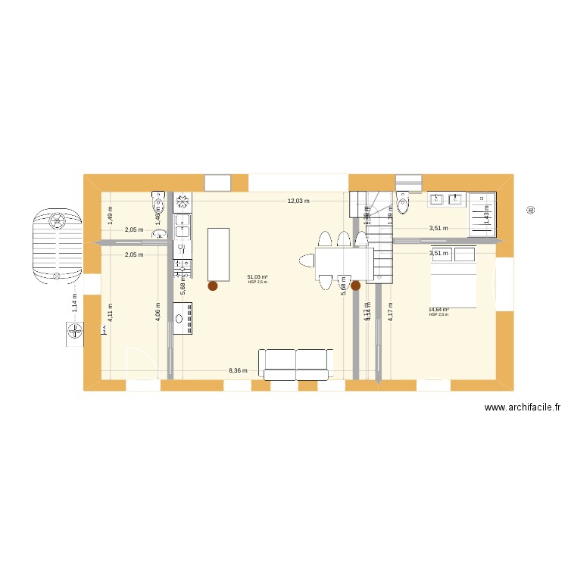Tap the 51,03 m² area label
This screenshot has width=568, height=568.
[x=257, y=277]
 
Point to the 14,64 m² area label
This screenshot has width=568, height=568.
[x=438, y=310]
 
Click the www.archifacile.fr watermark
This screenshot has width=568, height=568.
[x=523, y=407]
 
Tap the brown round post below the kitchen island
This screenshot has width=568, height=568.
[x=213, y=286]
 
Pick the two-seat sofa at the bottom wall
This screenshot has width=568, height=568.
[x=295, y=364]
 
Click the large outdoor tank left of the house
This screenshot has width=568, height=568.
[x=57, y=242]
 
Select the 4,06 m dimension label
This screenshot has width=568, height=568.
[x=158, y=312]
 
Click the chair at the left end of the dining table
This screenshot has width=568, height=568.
[x=306, y=262]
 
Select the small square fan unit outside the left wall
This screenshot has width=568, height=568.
[x=73, y=331]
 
